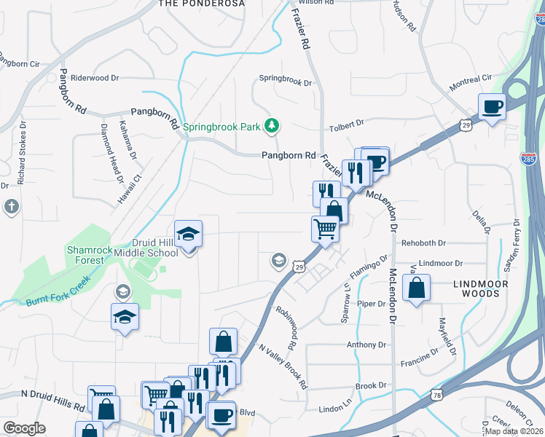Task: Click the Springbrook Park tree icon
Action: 272,126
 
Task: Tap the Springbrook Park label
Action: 221,127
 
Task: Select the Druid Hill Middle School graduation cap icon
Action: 189,235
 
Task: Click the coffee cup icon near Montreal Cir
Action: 492,107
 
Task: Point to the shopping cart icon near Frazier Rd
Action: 325,229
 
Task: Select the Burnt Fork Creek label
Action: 58,290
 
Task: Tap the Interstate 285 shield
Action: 530,158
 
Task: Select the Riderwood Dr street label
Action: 94,78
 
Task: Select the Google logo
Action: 24,428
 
